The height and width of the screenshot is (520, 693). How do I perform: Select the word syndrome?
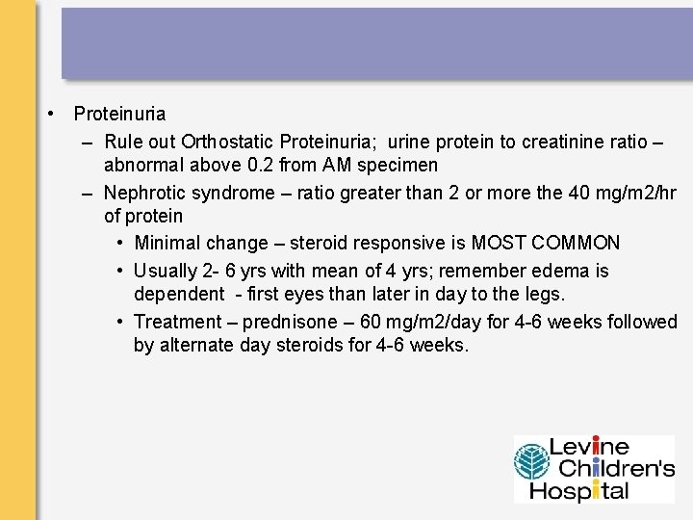(x=231, y=193)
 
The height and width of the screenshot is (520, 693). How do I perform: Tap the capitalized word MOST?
(x=497, y=243)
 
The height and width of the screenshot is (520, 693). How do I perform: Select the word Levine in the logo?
(x=589, y=447)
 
